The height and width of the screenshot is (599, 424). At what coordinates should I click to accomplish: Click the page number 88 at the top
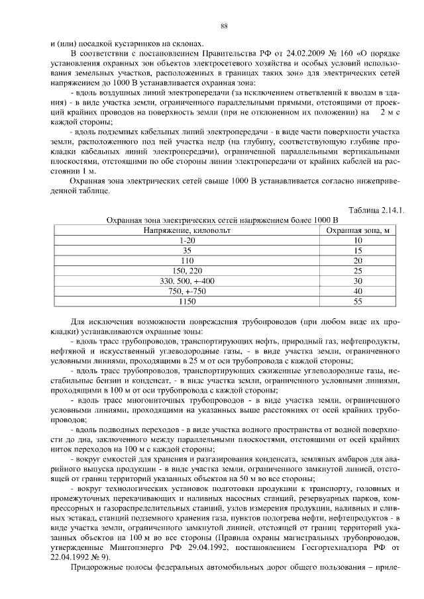click(x=224, y=26)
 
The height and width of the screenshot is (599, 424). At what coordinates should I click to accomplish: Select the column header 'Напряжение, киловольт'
click(x=188, y=230)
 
